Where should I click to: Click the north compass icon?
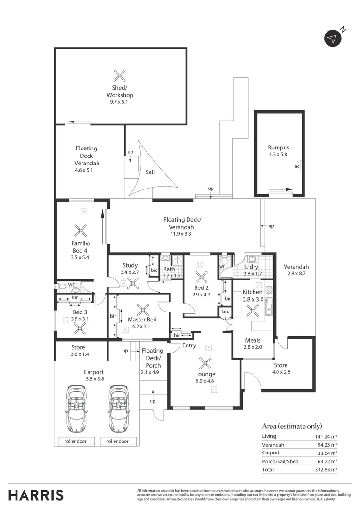(x=333, y=39)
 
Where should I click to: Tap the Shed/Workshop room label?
(x=120, y=91)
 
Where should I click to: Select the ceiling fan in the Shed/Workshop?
(x=120, y=74)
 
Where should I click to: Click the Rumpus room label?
(x=278, y=148)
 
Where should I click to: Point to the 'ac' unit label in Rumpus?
(x=297, y=166)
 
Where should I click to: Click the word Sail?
(x=150, y=172)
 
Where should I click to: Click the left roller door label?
(x=76, y=441)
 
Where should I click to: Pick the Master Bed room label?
(x=142, y=320)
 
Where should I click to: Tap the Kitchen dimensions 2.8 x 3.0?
(x=253, y=299)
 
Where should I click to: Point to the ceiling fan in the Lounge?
(x=205, y=363)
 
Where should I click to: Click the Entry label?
(x=189, y=345)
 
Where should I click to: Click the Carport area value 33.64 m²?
(x=327, y=453)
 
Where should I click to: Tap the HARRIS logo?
(x=36, y=495)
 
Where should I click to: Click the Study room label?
(x=130, y=266)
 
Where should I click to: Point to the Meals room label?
(x=253, y=340)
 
